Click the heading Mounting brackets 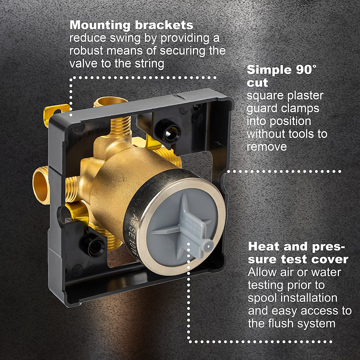(x=131, y=25)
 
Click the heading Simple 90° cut (x=281, y=76)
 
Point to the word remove (x=267, y=147)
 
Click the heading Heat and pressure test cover (x=298, y=253)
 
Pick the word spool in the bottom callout (x=262, y=298)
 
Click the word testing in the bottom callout (x=265, y=285)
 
